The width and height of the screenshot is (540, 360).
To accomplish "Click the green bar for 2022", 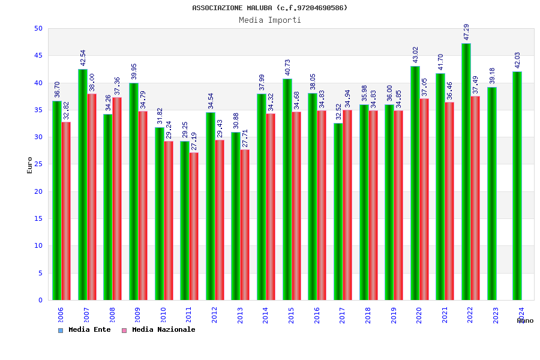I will tap(466, 172).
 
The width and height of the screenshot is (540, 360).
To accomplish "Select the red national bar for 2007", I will tap(92, 197).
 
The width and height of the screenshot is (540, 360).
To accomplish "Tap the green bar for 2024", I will tap(517, 186).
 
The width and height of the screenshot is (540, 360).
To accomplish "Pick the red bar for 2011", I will tap(194, 226).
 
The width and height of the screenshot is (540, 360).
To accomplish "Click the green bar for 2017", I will tap(338, 211).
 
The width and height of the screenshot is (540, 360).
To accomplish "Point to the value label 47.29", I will tap(466, 32).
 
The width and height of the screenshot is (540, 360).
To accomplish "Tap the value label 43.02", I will tap(415, 55).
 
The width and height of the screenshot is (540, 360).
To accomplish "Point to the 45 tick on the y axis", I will tap(38, 56).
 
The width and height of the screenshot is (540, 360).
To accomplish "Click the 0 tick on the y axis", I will tap(40, 300).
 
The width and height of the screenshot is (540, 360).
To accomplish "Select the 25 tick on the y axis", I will tap(38, 164).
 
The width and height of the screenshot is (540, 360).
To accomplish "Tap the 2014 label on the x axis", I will tap(266, 316).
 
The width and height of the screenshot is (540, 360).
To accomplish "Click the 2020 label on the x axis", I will tap(419, 316).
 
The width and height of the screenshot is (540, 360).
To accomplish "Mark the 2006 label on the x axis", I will tap(61, 316).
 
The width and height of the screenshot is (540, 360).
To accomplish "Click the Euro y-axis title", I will tap(30, 165).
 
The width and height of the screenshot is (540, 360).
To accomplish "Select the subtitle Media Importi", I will tap(270, 20).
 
